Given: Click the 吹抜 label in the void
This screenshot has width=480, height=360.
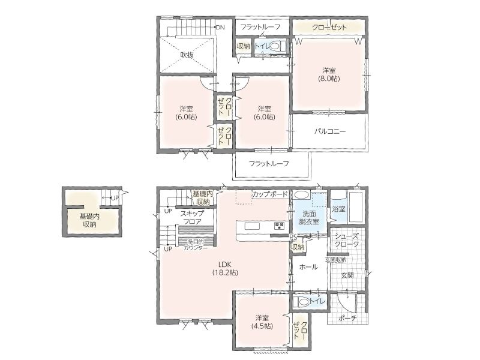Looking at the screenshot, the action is tap(187, 55).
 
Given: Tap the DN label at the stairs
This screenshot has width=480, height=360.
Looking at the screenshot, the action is tap(220, 27).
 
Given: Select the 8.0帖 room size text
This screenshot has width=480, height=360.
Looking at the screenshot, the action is tap(329, 79).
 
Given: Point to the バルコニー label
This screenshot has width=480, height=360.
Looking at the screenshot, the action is tap(330, 131).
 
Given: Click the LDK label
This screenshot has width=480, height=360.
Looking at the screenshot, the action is tap(224, 265).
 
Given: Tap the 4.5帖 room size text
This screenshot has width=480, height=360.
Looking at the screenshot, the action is tap(263, 326).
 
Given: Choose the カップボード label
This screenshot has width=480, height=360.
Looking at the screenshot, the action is tap(269, 194).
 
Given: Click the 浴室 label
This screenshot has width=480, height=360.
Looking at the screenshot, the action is tap(338, 209).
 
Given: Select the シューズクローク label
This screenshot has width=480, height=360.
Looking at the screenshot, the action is tap(347, 241).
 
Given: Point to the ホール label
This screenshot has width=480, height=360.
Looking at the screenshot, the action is tap(308, 267).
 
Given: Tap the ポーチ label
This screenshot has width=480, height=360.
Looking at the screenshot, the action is tap(347, 318).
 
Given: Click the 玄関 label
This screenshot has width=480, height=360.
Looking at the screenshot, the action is tap(347, 275).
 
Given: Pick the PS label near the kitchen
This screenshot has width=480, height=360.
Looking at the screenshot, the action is tap(293, 236).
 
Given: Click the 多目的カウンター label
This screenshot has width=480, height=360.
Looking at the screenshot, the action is tap(196, 245).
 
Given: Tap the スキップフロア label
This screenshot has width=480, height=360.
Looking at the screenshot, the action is tap(192, 217).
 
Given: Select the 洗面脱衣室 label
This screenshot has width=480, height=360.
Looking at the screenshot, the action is tap(308, 217).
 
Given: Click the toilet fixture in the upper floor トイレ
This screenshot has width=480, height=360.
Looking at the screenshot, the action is tap(278, 46).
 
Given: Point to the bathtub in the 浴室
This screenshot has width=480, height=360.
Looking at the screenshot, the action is tap(356, 207).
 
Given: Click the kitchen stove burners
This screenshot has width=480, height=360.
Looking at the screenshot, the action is tap(280, 226).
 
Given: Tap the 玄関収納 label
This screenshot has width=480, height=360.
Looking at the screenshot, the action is tap(335, 260).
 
